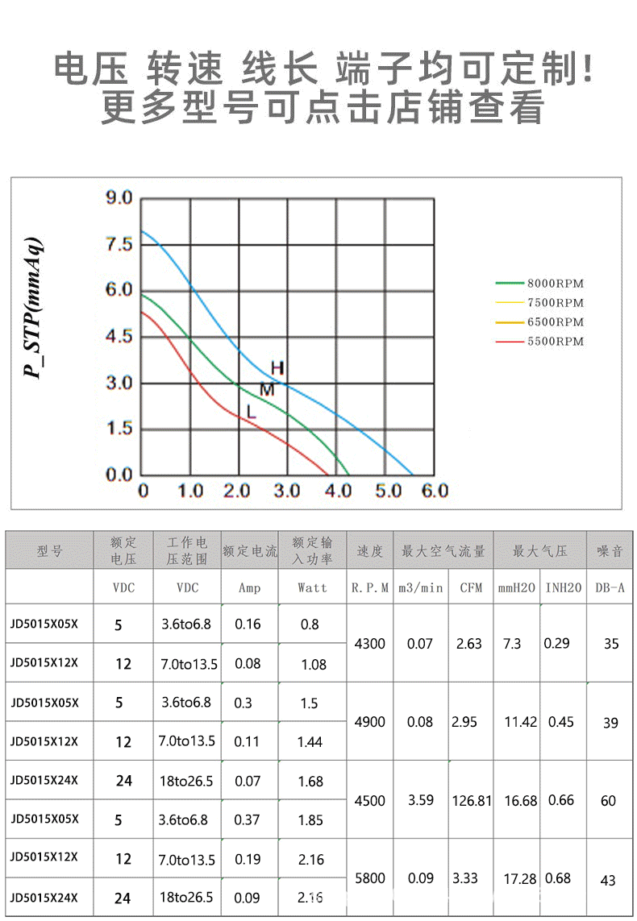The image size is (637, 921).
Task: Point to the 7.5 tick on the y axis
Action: point(119,244)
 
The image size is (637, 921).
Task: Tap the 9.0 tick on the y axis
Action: point(119,198)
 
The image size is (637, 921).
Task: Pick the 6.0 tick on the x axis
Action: point(432,490)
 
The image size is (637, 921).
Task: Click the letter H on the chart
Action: point(277,368)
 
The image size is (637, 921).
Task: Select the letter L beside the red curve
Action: point(251,413)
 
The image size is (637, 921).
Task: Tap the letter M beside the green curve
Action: point(267,390)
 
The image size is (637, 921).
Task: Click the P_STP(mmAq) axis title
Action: point(33,309)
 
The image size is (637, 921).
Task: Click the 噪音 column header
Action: point(610,551)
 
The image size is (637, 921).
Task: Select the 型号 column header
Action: point(49,551)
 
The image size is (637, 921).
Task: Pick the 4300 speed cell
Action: point(370,644)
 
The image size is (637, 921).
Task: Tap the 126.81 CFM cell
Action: point(472,801)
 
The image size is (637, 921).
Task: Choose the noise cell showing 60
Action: point(608,801)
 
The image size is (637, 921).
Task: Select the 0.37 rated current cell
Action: point(248,820)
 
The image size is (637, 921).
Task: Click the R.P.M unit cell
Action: point(370,588)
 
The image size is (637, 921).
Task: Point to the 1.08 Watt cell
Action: point(313,665)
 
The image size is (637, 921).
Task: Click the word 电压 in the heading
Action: point(91,70)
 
